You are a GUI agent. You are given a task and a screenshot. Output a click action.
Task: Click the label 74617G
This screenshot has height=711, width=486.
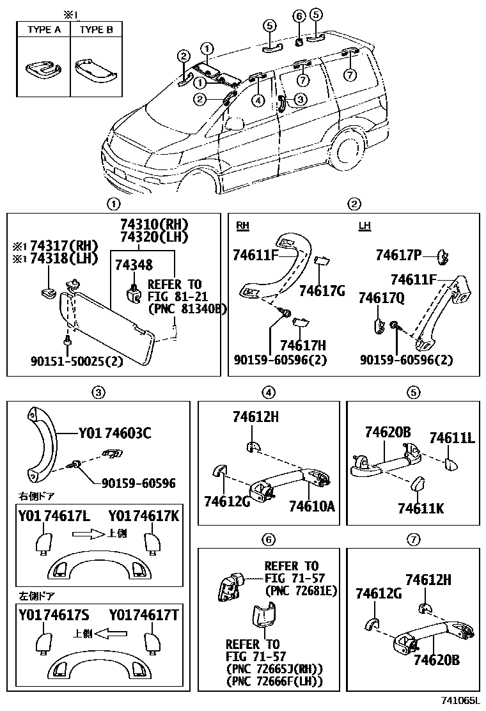click(322, 290)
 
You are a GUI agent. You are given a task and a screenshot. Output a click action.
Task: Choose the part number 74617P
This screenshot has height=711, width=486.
click(398, 256)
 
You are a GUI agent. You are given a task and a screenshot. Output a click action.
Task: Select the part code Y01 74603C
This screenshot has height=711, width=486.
click(114, 434)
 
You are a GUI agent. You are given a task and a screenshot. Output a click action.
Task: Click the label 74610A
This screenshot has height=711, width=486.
click(311, 506)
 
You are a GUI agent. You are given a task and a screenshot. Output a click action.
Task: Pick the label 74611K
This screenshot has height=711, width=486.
click(420, 508)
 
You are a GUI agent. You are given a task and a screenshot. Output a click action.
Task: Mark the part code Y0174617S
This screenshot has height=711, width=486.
click(54, 616)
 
